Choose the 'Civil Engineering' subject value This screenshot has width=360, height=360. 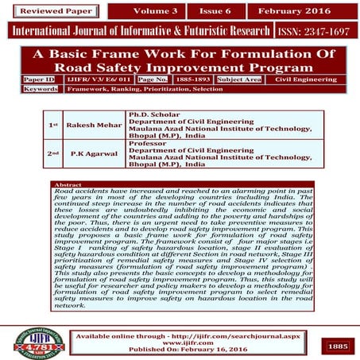tap(306, 79)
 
